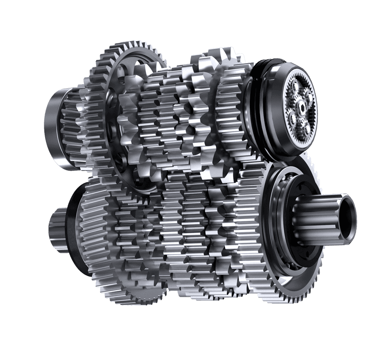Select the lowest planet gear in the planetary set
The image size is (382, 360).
click(x=307, y=127)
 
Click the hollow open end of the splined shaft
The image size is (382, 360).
click(x=349, y=212)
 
